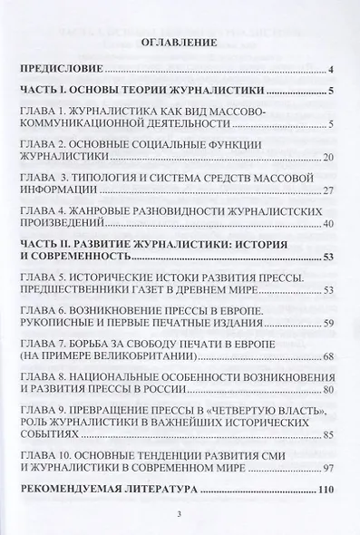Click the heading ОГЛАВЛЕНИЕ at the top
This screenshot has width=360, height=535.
(180, 42)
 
